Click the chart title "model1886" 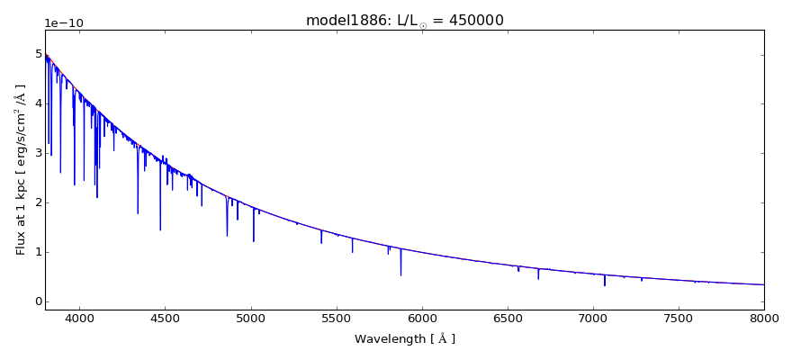coord(339,20)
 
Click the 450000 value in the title coord(474,20)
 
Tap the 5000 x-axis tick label coord(251,319)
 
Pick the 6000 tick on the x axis coord(422,319)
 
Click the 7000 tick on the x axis coord(593,319)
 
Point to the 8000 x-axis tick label coord(764,319)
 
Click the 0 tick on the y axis coord(38,301)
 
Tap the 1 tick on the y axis coord(38,252)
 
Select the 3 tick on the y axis coord(38,153)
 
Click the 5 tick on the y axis coord(38,54)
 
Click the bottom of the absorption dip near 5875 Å coord(400,274)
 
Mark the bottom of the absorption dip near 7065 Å coord(605,285)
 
